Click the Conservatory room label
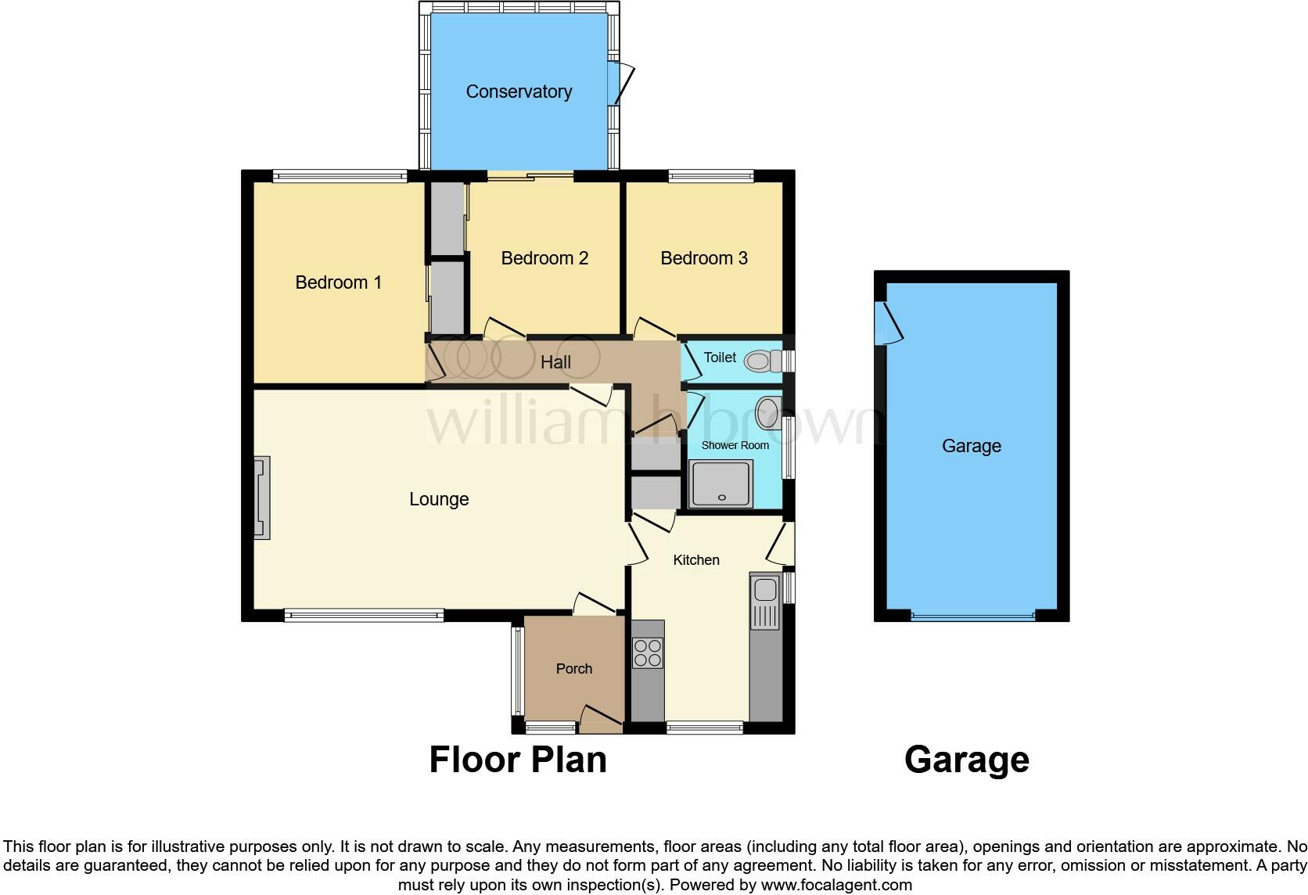[x=519, y=92]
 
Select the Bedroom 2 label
[x=544, y=258]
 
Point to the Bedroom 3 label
[x=704, y=258]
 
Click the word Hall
[x=555, y=362]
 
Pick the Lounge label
[x=439, y=499]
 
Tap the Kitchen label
[x=696, y=560]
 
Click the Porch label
[x=574, y=669]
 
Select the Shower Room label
[x=735, y=445]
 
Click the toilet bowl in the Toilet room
[x=758, y=361]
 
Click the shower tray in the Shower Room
[x=720, y=483]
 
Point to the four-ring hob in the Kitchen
[x=647, y=653]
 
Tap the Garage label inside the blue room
[x=971, y=446]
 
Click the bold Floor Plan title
[x=518, y=760]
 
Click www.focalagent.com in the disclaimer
[x=835, y=886]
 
